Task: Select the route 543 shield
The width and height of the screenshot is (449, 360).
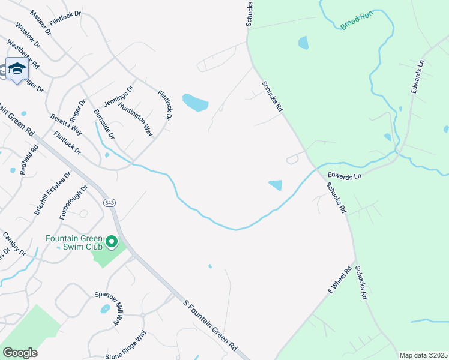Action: tap(109, 203)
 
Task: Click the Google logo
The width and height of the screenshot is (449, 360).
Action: tap(20, 353)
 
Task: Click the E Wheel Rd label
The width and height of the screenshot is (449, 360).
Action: tap(339, 280)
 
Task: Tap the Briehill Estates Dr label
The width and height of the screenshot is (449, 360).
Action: tap(52, 193)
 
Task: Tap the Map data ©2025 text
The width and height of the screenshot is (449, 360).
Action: tap(423, 355)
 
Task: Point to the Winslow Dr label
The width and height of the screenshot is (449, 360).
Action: tap(28, 36)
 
